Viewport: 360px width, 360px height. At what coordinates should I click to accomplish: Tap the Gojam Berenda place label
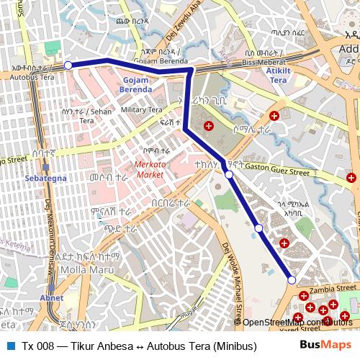pos(135,84)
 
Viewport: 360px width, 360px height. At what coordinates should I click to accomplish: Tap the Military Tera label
pos(141,109)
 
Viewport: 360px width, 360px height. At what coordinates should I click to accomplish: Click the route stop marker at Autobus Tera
pos(68,66)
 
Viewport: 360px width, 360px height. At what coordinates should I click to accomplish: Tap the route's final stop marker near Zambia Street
pos(292,280)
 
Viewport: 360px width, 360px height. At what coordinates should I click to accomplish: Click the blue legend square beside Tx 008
pos(10,346)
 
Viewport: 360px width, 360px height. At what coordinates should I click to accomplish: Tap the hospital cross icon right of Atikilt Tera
pos(274,116)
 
